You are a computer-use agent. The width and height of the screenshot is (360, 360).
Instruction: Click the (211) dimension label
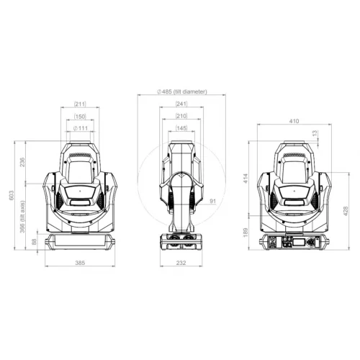(x=80, y=104)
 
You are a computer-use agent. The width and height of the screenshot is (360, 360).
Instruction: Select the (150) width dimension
(x=80, y=116)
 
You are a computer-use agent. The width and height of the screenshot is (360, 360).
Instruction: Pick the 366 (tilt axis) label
(x=22, y=217)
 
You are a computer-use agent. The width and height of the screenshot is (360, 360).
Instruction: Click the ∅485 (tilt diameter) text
(x=181, y=92)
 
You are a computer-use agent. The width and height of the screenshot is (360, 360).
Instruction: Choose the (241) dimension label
(x=181, y=104)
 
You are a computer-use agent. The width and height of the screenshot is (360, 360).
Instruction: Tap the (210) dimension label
(x=181, y=116)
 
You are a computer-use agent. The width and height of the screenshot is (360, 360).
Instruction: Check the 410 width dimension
(x=294, y=122)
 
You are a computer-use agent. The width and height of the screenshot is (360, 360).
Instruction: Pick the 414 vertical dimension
(x=246, y=177)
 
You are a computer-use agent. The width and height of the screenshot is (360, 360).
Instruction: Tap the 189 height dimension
(x=246, y=232)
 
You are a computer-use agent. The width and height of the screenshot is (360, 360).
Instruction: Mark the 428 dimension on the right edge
(x=345, y=211)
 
